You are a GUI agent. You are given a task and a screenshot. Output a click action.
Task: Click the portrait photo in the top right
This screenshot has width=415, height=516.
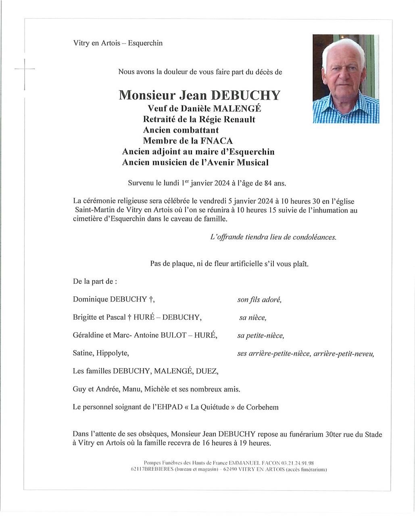[x=346, y=79]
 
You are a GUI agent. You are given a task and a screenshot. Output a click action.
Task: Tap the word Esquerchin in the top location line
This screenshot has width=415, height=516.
[x=145, y=43]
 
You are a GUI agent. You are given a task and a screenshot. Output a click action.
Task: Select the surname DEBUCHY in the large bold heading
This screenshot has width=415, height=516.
[x=246, y=95]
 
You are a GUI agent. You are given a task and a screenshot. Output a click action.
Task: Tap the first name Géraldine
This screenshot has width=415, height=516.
[x=90, y=335]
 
